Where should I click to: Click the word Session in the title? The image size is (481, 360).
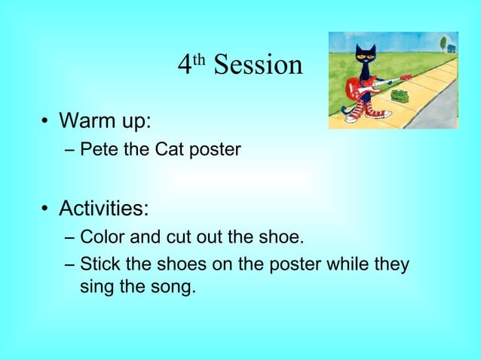[258, 66]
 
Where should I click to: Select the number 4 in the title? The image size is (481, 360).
[185, 66]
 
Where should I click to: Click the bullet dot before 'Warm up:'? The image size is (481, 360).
[45, 122]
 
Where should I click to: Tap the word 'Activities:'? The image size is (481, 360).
[104, 207]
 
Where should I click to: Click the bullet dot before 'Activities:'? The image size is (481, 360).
[45, 209]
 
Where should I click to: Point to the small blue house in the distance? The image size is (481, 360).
[451, 48]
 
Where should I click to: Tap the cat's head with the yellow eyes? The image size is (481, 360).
[366, 55]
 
